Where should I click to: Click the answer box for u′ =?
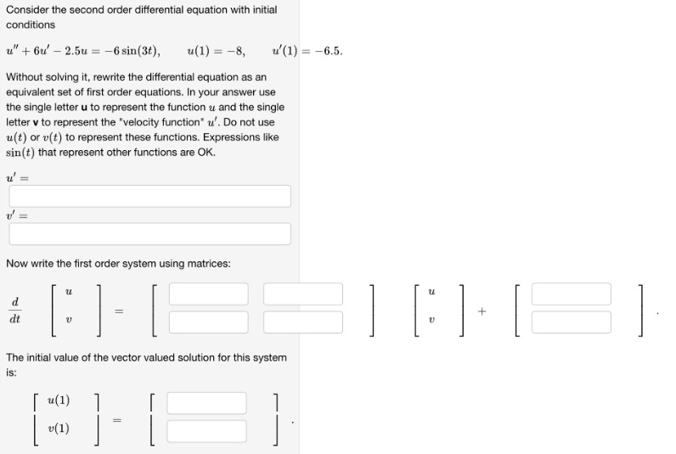[x=149, y=196]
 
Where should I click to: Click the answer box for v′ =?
[x=149, y=233]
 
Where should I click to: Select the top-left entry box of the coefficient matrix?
[x=208, y=294]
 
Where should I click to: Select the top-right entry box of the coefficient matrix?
[x=302, y=294]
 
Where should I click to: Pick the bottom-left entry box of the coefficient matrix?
[x=208, y=322]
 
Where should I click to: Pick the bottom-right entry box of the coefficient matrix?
[x=302, y=322]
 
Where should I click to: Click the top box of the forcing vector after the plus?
[x=571, y=294]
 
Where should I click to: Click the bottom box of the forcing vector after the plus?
[x=571, y=322]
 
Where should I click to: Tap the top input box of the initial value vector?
[x=206, y=402]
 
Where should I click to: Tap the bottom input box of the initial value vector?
[x=206, y=430]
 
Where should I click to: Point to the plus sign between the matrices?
[x=482, y=311]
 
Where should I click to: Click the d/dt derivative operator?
[x=15, y=311]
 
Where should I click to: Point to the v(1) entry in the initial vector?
[x=59, y=429]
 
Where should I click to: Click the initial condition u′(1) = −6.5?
[x=308, y=51]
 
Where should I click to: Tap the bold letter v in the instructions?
[x=36, y=122]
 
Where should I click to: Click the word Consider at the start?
[x=26, y=9]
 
